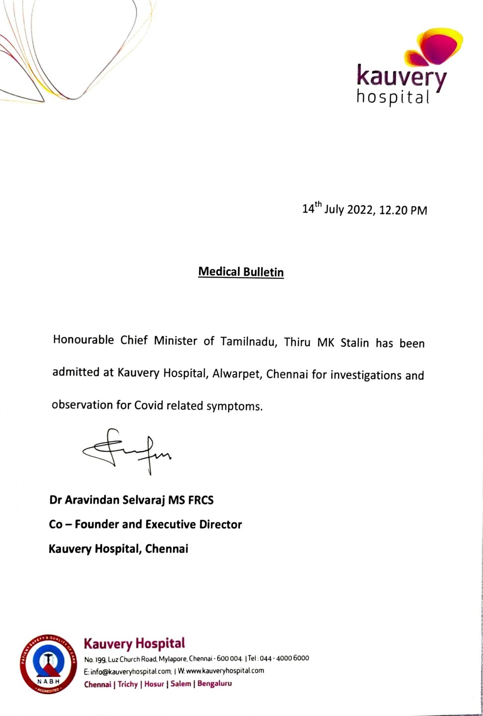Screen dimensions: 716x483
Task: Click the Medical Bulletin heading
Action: [x=241, y=272]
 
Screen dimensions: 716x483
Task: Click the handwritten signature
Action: [x=127, y=450]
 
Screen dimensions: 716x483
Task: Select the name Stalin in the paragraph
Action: [x=355, y=343]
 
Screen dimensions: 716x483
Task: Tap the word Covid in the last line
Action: [x=149, y=405]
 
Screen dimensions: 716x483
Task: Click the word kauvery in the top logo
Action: [x=401, y=76]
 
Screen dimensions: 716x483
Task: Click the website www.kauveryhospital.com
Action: [x=225, y=671]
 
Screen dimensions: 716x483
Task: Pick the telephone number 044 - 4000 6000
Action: [x=284, y=658]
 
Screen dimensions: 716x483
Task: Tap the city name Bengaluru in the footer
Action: [x=215, y=683]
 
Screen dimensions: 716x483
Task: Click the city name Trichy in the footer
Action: [x=128, y=684]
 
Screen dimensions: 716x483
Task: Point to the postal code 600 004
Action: [x=229, y=658]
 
